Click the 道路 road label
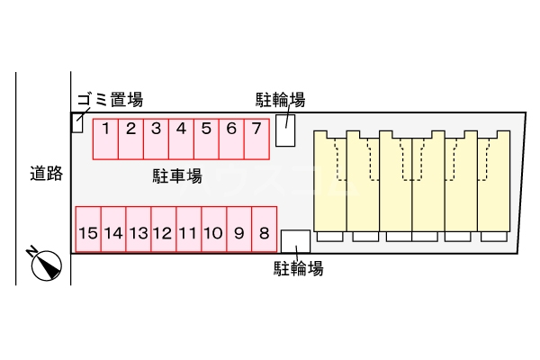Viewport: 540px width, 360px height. click(x=45, y=174)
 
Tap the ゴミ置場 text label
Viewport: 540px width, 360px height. click(x=110, y=100)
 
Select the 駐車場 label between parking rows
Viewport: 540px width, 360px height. click(x=176, y=176)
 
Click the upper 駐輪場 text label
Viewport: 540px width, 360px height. click(x=280, y=100)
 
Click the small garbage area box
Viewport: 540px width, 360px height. click(x=76, y=123)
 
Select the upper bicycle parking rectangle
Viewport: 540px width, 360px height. click(x=284, y=130)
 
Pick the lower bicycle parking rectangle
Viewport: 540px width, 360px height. click(x=295, y=241)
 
